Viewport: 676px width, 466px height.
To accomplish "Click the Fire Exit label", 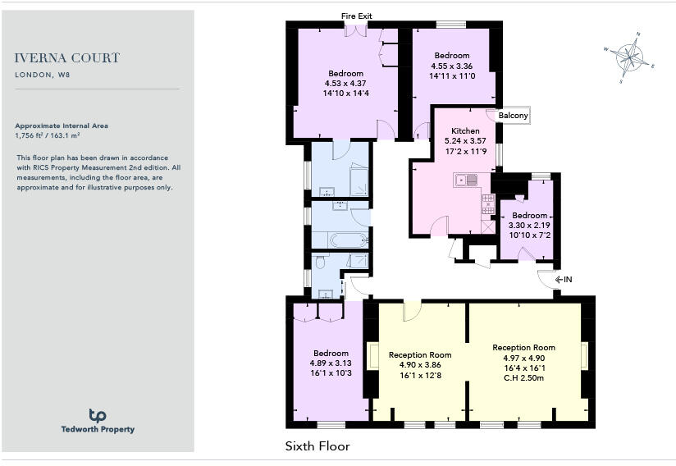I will [357, 16].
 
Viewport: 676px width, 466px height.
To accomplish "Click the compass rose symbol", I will [629, 57].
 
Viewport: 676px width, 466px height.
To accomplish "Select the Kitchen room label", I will [465, 131].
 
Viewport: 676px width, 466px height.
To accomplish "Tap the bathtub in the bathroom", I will [342, 241].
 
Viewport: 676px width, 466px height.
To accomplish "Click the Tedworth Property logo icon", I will [98, 415].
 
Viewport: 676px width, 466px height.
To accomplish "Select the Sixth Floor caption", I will [317, 446].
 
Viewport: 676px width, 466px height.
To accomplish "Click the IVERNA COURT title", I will [67, 58].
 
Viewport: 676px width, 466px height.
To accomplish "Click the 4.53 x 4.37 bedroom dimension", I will [345, 84].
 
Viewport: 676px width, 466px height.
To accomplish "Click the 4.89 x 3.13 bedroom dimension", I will [331, 363].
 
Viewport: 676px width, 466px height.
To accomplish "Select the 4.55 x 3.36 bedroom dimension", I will [451, 66].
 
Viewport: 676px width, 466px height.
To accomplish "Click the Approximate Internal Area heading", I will [62, 126].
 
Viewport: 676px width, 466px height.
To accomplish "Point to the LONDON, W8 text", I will [41, 75].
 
